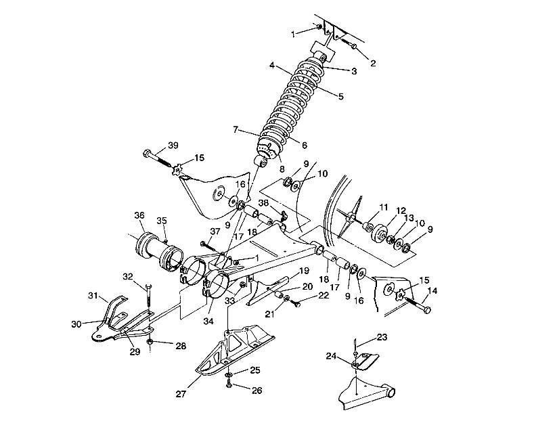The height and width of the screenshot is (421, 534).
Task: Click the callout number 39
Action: coord(173,146)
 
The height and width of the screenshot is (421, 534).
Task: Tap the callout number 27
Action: coord(181,394)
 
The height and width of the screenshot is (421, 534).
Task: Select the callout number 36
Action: coord(139,215)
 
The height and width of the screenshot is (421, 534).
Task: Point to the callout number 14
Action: coord(432,290)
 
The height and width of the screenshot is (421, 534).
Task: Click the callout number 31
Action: coord(93,296)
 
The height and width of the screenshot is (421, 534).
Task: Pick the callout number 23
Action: coord(382,337)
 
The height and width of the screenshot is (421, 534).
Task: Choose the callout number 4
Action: coord(272,65)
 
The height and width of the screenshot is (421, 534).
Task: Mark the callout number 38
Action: coord(263,203)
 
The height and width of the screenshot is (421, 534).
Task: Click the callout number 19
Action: coord(304,271)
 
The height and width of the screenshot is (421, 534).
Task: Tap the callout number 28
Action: coord(181,347)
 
